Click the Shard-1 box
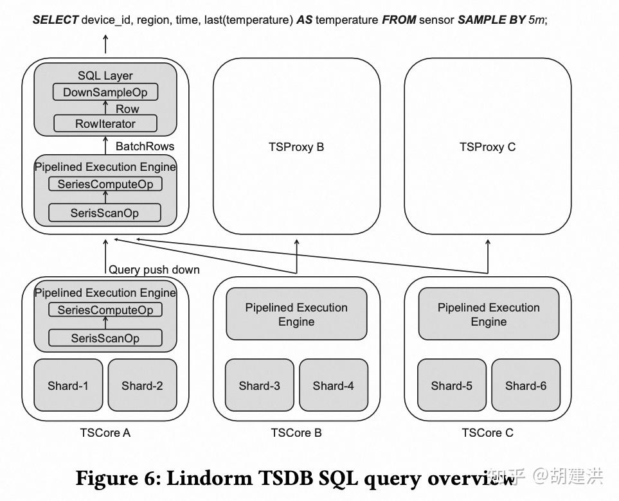[68, 385]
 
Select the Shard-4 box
[333, 385]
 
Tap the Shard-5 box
[451, 385]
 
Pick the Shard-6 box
[526, 385]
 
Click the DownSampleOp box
[105, 92]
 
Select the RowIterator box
[105, 124]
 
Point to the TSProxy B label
[296, 147]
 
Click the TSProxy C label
[487, 147]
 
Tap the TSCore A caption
[105, 432]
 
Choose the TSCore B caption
[296, 432]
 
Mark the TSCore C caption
[487, 432]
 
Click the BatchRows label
[145, 146]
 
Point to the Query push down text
[154, 270]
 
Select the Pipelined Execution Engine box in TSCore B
[296, 314]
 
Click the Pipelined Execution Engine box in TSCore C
[489, 314]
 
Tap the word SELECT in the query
[55, 20]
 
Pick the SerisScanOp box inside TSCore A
[105, 338]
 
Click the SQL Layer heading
[105, 76]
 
